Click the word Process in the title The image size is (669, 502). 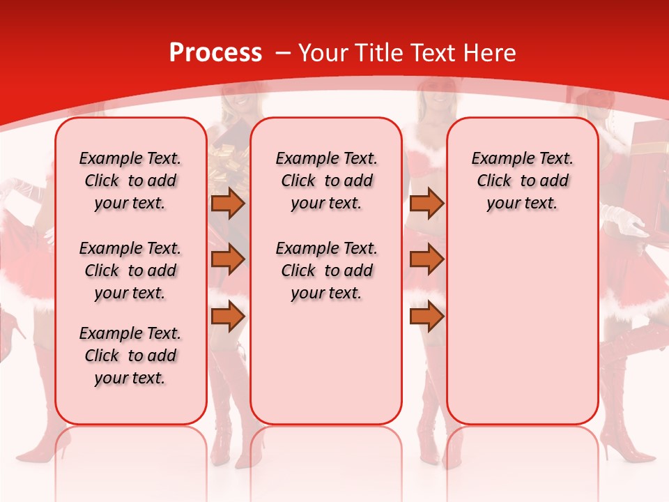coord(215,53)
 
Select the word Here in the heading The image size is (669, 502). coord(491,53)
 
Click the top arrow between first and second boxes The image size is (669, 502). coord(228,203)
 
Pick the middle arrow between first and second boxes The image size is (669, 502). coord(228,259)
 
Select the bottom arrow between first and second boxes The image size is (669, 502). coord(228,317)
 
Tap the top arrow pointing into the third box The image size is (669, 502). coord(426,203)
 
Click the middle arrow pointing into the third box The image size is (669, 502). coord(426,259)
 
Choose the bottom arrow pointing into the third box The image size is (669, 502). coord(426,317)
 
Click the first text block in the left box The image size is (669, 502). coord(130,181)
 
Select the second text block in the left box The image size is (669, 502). coord(130,271)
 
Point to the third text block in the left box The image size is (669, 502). coord(130,356)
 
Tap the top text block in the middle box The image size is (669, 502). coord(326,181)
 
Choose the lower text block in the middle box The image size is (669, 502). coord(326,271)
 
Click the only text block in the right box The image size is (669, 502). coord(522,181)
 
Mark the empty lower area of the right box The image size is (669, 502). coord(522,328)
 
